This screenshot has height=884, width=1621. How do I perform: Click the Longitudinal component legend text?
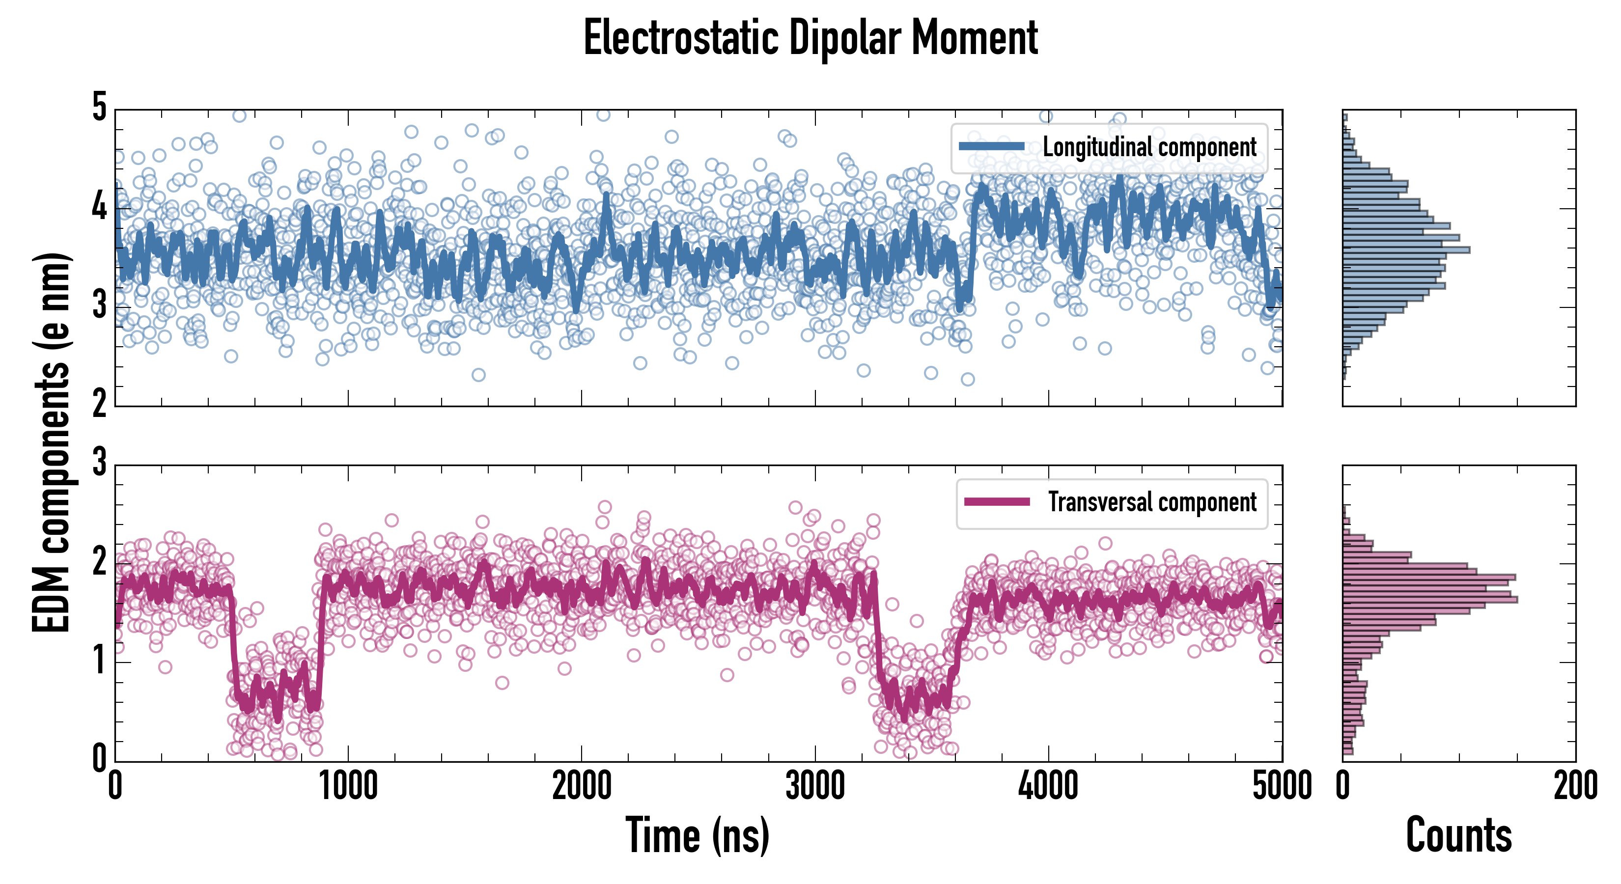1149,147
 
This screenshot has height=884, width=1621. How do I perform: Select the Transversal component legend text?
1152,502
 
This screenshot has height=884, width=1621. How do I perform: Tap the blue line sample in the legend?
992,147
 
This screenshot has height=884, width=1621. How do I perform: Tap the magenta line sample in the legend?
997,501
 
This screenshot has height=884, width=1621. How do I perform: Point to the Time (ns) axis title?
697,835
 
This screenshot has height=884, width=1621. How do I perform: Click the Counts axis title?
1458,835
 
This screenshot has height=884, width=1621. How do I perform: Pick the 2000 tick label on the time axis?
582,786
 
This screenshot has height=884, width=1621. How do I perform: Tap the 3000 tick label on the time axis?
815,786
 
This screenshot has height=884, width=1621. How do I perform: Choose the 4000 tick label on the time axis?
1048,786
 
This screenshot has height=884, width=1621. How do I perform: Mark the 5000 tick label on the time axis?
1282,786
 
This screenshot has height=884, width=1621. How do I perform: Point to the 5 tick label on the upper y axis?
99,108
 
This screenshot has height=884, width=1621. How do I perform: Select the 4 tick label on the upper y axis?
99,206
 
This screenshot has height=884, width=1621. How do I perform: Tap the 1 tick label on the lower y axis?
99,661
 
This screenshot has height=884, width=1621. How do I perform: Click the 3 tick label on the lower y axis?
99,463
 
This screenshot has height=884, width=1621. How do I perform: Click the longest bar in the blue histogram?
1406,250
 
